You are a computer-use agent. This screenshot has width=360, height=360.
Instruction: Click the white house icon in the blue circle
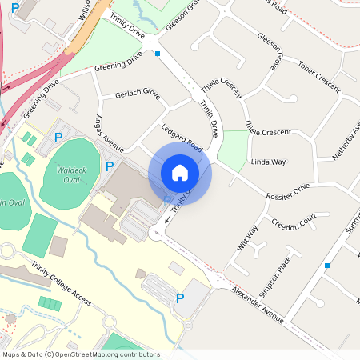point(180,173)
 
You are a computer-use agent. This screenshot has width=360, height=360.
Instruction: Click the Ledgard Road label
point(182,138)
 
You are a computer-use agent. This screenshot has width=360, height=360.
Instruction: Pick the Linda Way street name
point(268,162)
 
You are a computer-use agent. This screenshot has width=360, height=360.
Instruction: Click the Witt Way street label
point(248,238)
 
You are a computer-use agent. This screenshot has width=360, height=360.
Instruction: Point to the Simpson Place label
point(287,263)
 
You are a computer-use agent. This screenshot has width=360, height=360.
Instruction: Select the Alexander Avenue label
point(258,304)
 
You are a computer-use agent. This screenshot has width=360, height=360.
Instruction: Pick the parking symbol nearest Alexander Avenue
point(180,298)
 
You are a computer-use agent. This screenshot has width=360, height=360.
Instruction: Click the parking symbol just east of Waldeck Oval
point(109,166)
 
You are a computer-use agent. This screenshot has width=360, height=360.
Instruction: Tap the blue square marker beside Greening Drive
point(158,54)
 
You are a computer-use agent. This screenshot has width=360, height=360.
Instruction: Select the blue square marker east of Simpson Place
point(327,265)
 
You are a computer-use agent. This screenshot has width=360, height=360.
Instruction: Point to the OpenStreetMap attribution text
point(81,354)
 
